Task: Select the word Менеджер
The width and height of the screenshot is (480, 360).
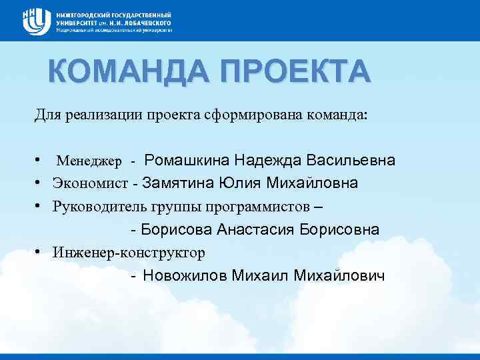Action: click(89, 161)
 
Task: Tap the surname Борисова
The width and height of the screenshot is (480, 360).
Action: click(177, 230)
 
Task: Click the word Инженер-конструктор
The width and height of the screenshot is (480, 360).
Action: click(129, 253)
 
